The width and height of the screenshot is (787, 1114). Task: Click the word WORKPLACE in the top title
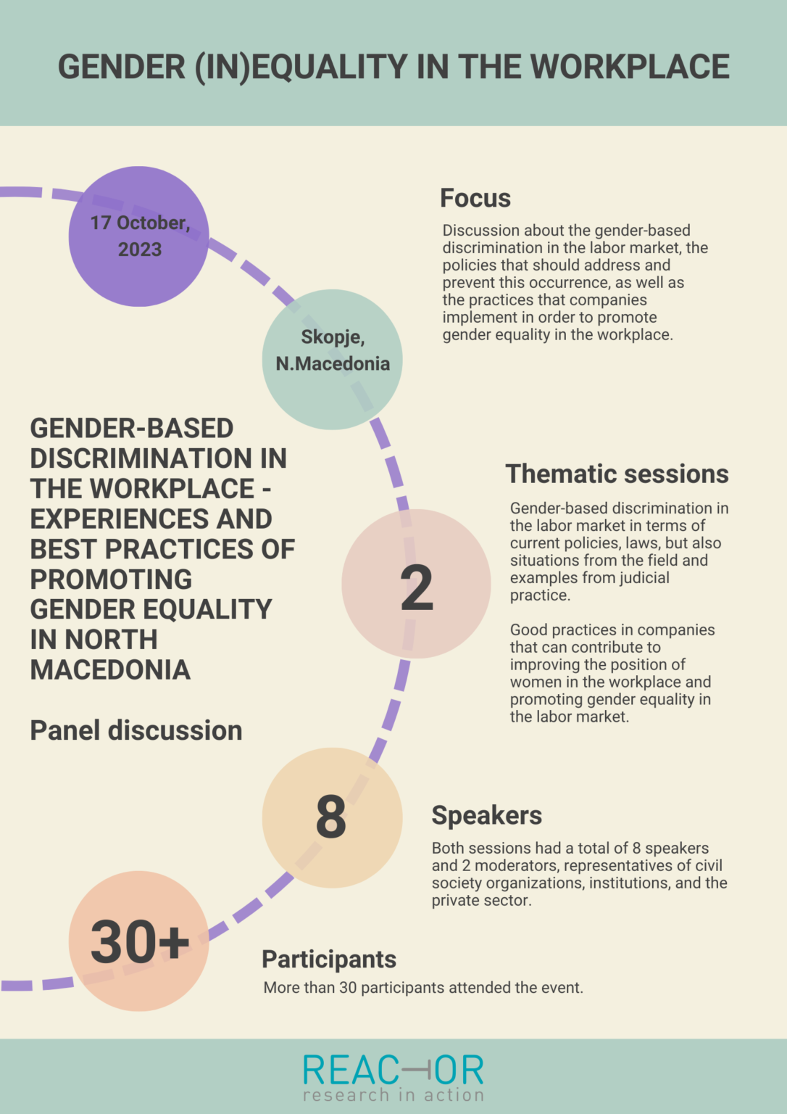(x=630, y=67)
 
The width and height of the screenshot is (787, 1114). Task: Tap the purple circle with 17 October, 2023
(x=139, y=236)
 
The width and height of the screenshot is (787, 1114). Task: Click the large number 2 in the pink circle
(x=417, y=588)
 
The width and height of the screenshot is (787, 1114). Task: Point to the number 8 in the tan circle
(x=331, y=817)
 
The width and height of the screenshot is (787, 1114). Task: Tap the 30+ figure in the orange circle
(x=140, y=942)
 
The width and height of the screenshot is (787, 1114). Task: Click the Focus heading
(x=475, y=198)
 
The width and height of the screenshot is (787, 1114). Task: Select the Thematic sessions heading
(x=617, y=474)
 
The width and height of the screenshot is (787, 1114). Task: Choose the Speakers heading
(x=486, y=815)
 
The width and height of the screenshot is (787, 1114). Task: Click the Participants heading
(x=329, y=959)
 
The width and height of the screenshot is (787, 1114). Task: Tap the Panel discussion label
(x=136, y=730)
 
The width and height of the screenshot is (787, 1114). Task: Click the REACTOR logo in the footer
(x=393, y=1070)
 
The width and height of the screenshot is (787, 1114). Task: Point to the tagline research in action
(x=393, y=1095)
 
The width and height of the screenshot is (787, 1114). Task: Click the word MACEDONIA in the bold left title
(x=110, y=669)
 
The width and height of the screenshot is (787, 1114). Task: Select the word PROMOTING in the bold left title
(x=111, y=579)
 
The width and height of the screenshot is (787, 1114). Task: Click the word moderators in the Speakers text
(x=517, y=866)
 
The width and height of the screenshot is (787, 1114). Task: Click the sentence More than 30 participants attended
(x=423, y=988)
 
